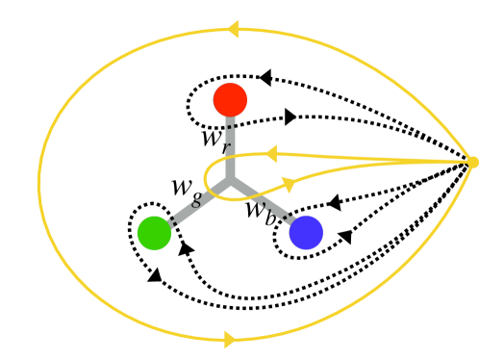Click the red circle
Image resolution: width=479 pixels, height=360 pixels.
click(x=230, y=100)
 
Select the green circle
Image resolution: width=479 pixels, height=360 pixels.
click(x=154, y=233)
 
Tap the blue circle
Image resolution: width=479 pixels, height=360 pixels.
click(x=306, y=233)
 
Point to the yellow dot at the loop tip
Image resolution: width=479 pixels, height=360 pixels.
click(x=472, y=162)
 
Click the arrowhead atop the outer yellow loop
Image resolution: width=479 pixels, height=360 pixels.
click(x=232, y=29)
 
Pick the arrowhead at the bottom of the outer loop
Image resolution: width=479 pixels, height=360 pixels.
click(x=230, y=339)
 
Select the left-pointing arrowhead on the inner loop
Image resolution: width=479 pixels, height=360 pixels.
click(x=270, y=154)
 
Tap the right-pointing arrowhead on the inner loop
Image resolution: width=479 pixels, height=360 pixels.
click(x=289, y=183)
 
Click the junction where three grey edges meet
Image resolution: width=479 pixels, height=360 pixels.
click(x=230, y=178)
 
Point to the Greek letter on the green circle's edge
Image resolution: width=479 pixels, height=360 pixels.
click(x=196, y=203)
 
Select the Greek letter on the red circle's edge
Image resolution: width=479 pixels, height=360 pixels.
click(x=229, y=146)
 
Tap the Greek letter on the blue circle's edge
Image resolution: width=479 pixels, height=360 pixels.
click(x=265, y=204)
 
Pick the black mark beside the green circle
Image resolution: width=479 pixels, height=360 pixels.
click(x=173, y=222)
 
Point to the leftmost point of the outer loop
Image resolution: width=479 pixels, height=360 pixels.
click(x=38, y=183)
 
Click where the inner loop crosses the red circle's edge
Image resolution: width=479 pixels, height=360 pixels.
click(x=230, y=154)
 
